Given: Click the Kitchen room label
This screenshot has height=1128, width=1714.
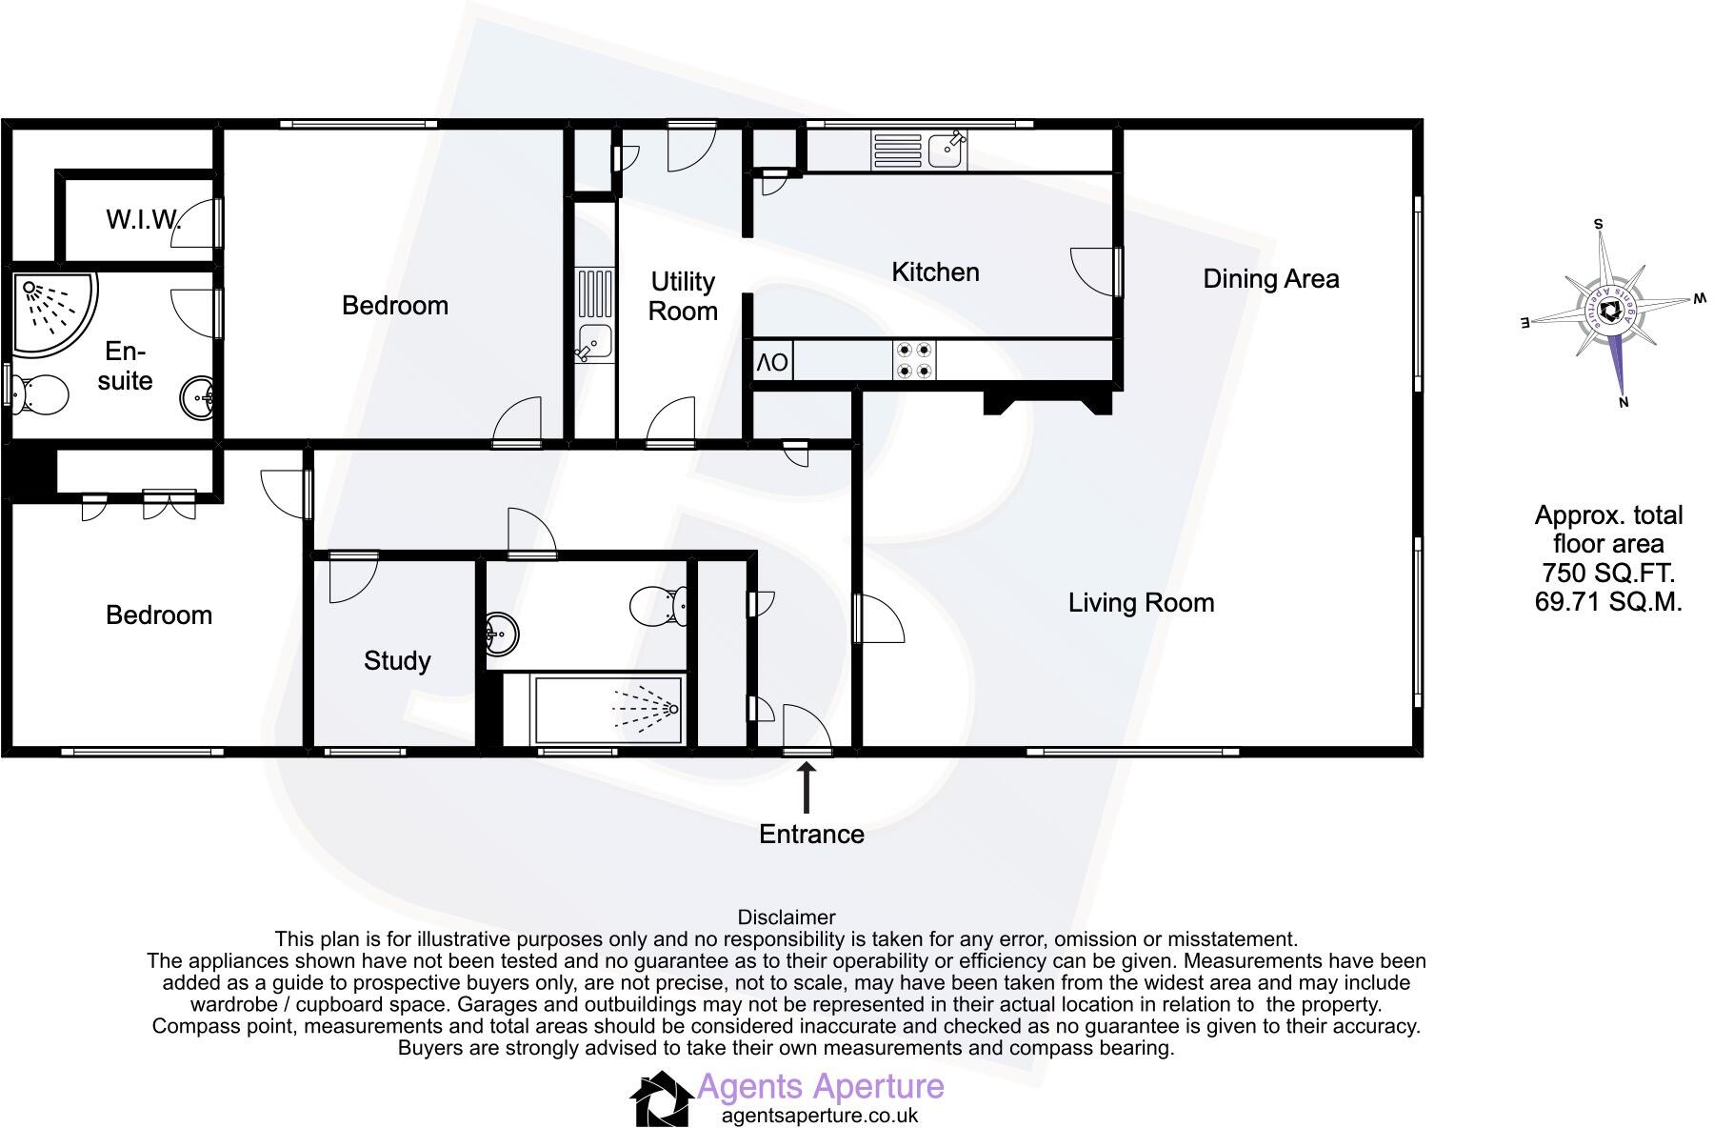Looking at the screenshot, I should [x=935, y=272].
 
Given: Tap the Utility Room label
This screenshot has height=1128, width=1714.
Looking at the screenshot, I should [x=683, y=296].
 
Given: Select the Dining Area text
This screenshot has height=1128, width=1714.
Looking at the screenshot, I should [x=1271, y=279].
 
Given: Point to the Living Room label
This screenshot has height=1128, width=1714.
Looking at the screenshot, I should [x=1141, y=603].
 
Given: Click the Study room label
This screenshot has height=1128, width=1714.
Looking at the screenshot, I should [x=397, y=661].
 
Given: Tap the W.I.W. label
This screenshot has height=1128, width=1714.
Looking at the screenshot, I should [x=143, y=220].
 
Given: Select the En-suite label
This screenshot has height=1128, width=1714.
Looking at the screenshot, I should [x=125, y=366].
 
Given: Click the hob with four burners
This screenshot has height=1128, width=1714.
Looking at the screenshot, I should [x=912, y=361].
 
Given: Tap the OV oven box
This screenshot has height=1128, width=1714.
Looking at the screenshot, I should [x=772, y=362].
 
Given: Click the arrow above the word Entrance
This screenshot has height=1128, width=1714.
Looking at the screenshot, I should [x=807, y=789].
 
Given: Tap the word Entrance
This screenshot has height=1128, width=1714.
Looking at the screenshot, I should [x=811, y=835].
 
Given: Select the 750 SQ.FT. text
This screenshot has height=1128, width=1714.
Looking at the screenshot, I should [x=1608, y=574].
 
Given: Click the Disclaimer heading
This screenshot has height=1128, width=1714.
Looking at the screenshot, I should [x=787, y=917].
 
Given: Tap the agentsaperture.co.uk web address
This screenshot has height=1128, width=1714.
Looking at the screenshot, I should [x=820, y=1115].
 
